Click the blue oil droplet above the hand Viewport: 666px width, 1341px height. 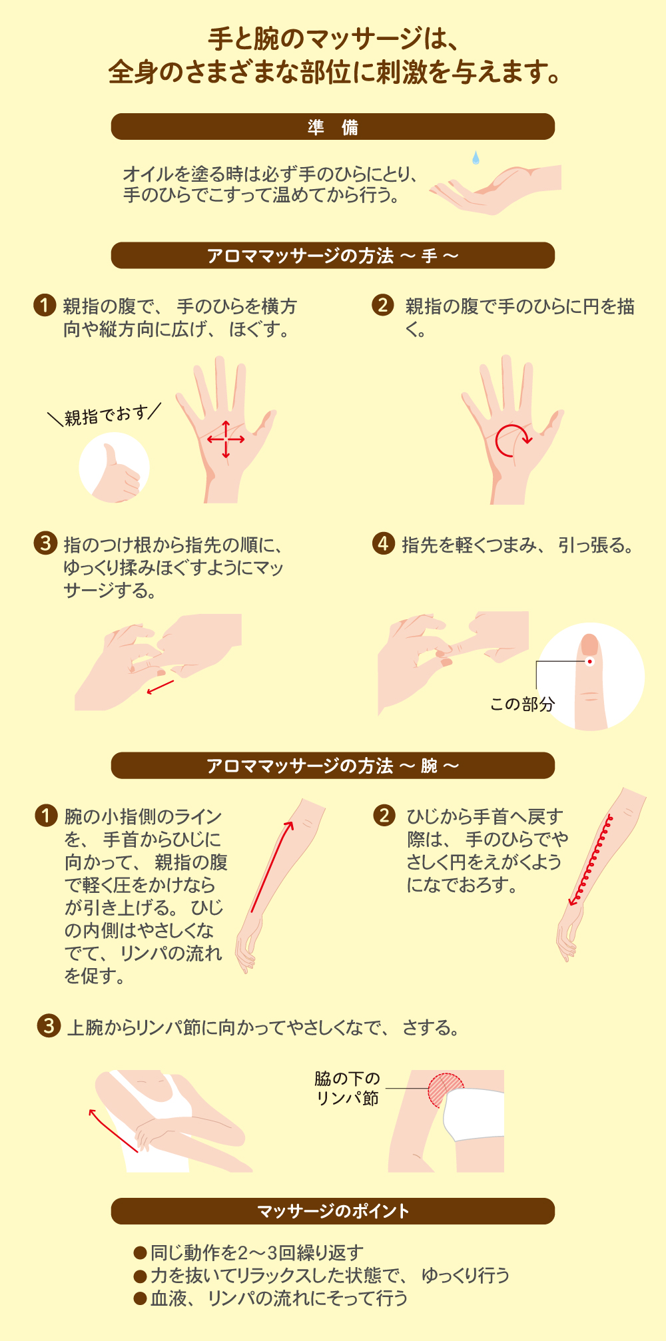pyautogui.click(x=476, y=157)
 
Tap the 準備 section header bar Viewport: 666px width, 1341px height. pyautogui.click(x=333, y=127)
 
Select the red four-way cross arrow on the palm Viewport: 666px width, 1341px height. pyautogui.click(x=226, y=439)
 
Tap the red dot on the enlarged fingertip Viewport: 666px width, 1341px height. pyautogui.click(x=589, y=661)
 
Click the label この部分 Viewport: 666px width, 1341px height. pyautogui.click(x=522, y=704)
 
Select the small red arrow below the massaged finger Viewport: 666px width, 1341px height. pyautogui.click(x=160, y=687)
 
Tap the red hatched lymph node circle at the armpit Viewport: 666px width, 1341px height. pyautogui.click(x=445, y=1090)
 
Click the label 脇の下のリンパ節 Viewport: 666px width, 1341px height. pyautogui.click(x=347, y=1088)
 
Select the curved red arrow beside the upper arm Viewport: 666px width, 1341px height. pyautogui.click(x=113, y=1131)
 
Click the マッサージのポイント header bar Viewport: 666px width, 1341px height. pyautogui.click(x=333, y=1211)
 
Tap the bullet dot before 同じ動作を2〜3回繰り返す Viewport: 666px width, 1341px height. pyautogui.click(x=140, y=1253)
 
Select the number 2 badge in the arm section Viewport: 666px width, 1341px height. pyautogui.click(x=384, y=815)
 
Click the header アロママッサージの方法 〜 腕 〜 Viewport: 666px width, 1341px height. pyautogui.click(x=333, y=766)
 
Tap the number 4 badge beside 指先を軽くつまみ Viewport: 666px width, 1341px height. pyautogui.click(x=384, y=543)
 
